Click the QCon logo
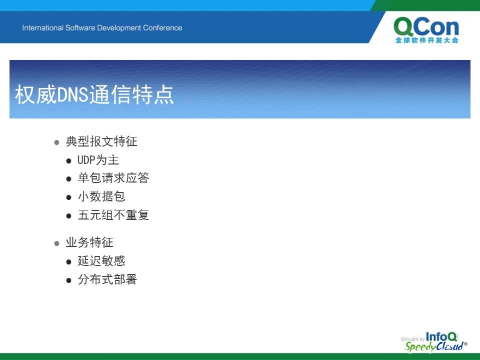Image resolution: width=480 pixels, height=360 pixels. [x=426, y=30]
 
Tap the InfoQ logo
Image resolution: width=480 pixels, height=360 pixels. [x=441, y=336]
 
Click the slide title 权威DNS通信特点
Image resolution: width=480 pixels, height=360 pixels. [x=94, y=94]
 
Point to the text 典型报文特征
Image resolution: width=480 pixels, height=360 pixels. [x=101, y=141]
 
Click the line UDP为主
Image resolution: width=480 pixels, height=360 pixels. [x=98, y=160]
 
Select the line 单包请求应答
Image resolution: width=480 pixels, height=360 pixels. [x=113, y=178]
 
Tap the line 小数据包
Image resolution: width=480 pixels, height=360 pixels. [x=101, y=196]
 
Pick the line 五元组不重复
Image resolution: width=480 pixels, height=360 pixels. [x=113, y=215]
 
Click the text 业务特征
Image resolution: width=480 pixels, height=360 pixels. [x=89, y=242]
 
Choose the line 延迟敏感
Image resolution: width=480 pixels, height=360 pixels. [x=101, y=261]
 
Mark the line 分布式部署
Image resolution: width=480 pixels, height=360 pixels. [x=107, y=279]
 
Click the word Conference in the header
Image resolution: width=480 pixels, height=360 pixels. [x=162, y=28]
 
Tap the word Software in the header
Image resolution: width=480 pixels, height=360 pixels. [x=80, y=28]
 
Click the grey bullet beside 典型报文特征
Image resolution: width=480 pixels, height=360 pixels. [x=56, y=142]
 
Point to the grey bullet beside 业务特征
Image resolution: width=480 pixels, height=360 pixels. [x=56, y=243]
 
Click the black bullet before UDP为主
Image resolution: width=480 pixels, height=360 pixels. [x=69, y=160]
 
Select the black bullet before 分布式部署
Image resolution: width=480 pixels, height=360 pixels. [x=69, y=280]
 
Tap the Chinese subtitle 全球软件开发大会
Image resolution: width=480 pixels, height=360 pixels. [x=426, y=40]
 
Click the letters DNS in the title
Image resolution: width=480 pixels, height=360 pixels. [x=73, y=94]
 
